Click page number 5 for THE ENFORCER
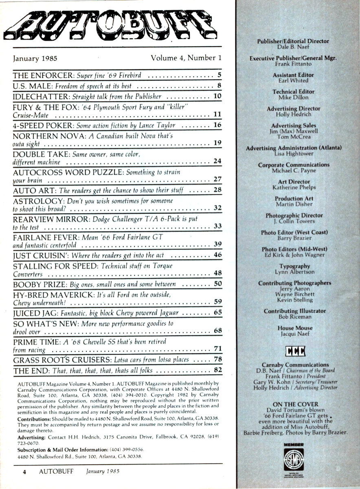(x=219, y=75)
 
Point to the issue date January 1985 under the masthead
(x=35, y=58)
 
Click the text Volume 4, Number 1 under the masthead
(x=186, y=58)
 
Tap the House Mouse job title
(x=295, y=328)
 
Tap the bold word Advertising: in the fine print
(x=32, y=437)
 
